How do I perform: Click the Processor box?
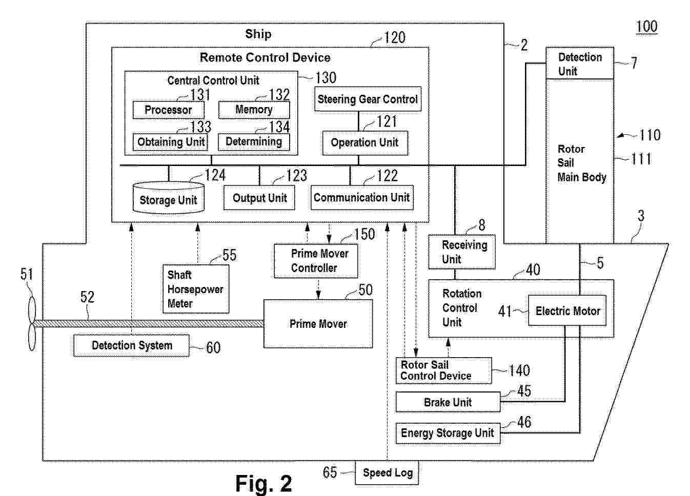168,110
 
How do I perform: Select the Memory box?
254,110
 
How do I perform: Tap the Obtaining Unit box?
171,142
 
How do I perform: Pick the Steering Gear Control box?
368,99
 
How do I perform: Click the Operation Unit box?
364,143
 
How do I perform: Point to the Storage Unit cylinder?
168,198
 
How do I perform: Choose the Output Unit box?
259,198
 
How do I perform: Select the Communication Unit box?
361,198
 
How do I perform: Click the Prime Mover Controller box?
316,261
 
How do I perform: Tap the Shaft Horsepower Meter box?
195,289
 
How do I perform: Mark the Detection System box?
132,345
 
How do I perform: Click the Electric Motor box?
567,311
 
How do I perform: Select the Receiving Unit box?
462,252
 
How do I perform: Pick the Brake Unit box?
448,402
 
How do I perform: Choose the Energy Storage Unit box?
448,433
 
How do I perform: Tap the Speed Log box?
388,473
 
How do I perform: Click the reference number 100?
646,27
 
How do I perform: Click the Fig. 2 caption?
263,483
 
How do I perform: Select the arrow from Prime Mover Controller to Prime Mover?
318,289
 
